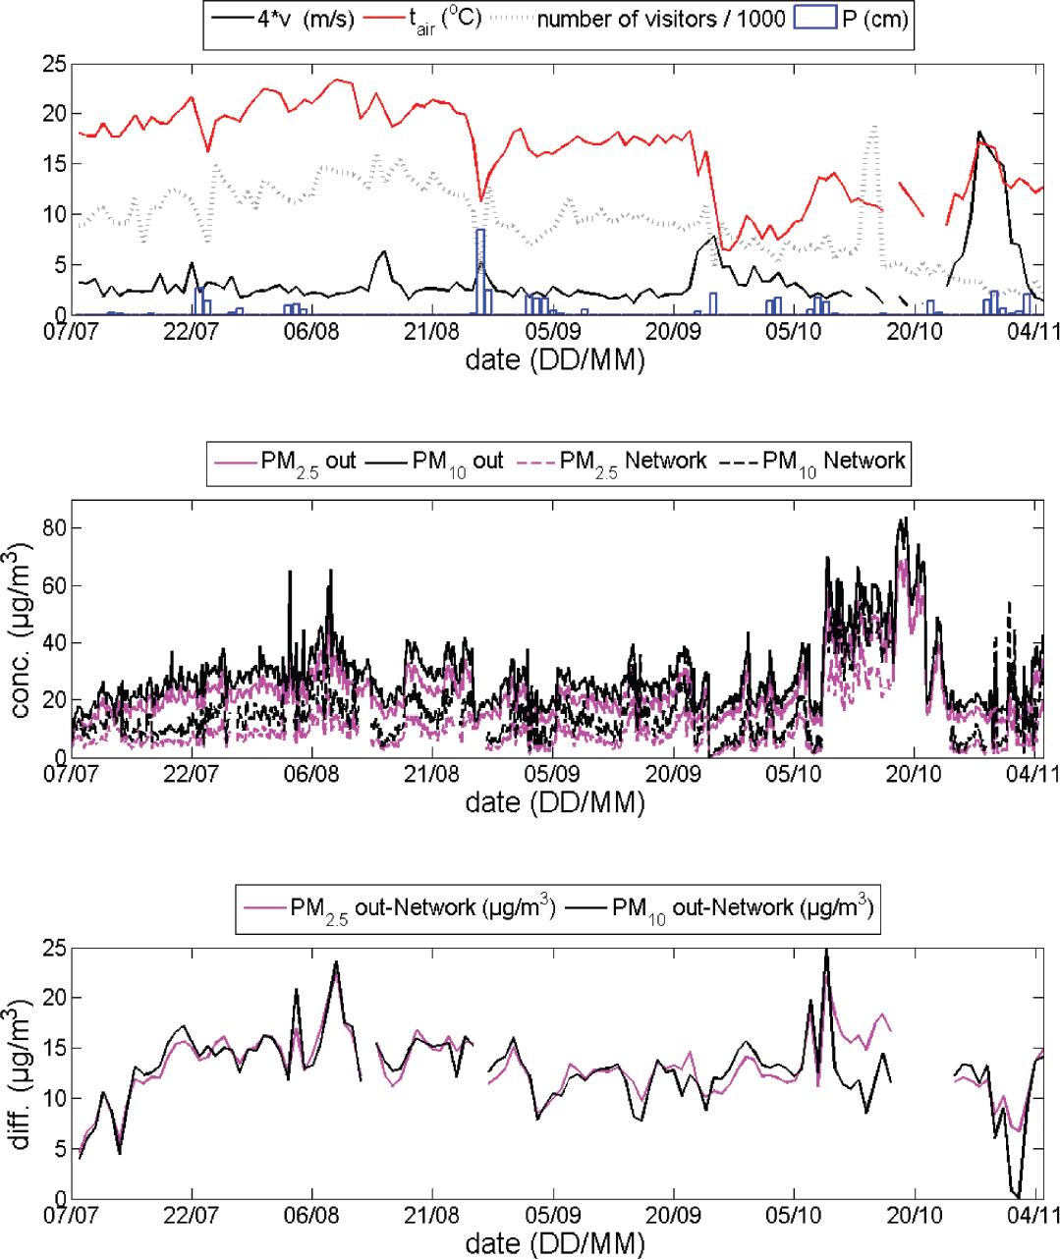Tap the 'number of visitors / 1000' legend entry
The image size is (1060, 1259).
[643, 20]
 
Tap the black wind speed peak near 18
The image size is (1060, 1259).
[979, 133]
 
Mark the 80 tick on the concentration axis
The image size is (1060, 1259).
[54, 528]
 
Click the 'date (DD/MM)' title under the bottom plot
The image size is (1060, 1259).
[555, 1245]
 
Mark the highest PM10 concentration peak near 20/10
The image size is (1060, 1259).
[905, 519]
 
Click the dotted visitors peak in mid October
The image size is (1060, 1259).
[872, 126]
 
